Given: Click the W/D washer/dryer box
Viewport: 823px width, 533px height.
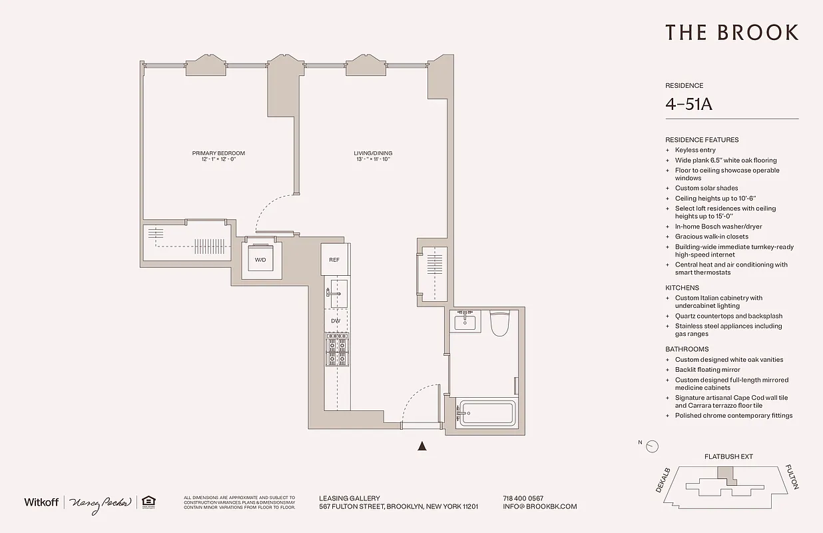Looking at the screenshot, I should [x=260, y=260].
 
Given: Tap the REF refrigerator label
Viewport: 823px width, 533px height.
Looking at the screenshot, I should [x=334, y=260].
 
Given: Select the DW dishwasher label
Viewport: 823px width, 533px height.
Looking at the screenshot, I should [x=336, y=321].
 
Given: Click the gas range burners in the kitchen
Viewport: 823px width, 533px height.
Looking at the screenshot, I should [x=336, y=350].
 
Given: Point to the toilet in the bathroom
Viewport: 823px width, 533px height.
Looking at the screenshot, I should [x=499, y=324].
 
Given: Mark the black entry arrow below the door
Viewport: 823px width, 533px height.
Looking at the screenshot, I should [x=421, y=446].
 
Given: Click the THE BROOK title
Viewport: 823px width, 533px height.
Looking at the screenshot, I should [x=732, y=33].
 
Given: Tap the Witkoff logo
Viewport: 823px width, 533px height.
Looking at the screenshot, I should [x=41, y=502].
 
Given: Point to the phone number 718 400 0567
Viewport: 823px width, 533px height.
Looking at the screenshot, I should [x=523, y=498].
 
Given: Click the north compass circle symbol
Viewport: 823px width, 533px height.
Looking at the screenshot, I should [x=653, y=446].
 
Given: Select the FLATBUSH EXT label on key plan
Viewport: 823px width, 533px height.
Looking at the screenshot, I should [x=728, y=457].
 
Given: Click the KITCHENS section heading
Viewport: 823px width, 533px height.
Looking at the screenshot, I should [x=682, y=288].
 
